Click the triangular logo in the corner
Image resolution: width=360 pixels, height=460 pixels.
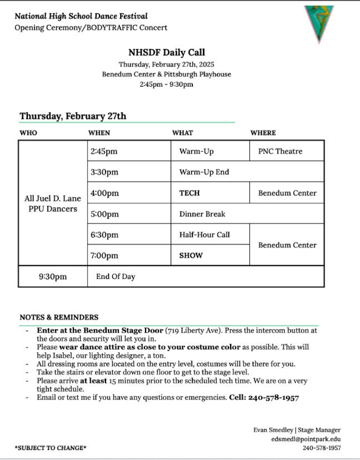point(319,22)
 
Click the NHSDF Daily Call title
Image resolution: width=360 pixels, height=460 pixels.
point(167,53)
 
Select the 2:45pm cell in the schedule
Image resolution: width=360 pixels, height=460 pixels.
point(104,151)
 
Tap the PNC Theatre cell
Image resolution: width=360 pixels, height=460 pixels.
point(280,151)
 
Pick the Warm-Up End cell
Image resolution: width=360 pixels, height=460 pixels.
point(204,172)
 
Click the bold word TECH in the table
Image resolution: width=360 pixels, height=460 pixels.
point(189,193)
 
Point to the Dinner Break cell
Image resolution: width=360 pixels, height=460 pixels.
point(202,214)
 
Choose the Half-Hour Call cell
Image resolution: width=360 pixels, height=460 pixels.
point(204,234)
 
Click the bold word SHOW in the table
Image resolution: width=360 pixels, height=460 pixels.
point(191,256)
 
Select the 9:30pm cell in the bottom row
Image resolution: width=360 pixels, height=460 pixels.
point(53,276)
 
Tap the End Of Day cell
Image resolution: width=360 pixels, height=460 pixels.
point(116,276)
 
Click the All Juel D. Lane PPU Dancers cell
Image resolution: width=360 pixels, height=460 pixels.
point(53,203)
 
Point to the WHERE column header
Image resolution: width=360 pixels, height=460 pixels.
point(263,133)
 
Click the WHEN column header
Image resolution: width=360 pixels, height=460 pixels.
point(99,133)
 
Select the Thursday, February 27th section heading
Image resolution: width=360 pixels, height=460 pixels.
point(73,116)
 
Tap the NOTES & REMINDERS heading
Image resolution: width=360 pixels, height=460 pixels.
point(59,317)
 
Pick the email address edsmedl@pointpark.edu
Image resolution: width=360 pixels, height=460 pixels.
point(306,439)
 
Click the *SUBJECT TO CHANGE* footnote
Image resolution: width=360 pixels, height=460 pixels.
point(51,448)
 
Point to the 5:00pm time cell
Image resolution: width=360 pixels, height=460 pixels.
point(104,214)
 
